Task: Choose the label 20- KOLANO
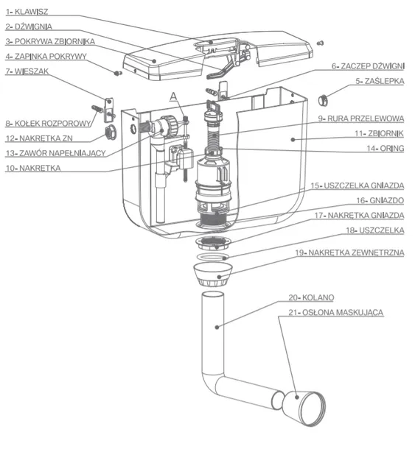(313, 297)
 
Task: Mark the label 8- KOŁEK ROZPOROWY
(45, 123)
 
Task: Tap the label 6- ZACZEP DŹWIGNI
(367, 66)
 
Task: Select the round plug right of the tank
(321, 99)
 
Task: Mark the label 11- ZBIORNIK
(380, 134)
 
